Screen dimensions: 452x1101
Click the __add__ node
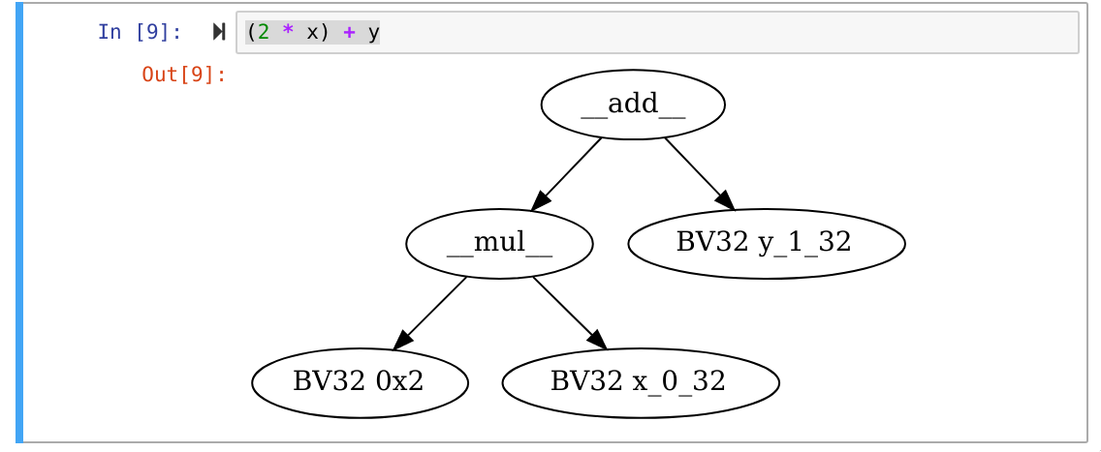(632, 105)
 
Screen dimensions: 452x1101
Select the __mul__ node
(499, 244)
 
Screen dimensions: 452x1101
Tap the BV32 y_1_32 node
(766, 244)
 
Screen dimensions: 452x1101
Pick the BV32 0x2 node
(360, 383)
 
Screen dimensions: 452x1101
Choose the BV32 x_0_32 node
(640, 383)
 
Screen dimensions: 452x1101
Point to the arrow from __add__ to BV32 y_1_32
(699, 173)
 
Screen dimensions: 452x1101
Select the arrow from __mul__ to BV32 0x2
(431, 313)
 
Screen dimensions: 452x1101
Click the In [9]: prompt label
(140, 32)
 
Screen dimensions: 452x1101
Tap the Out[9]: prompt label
(184, 75)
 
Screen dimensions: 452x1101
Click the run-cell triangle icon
(219, 32)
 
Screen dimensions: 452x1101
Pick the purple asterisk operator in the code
(288, 32)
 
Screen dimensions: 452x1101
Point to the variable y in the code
(373, 32)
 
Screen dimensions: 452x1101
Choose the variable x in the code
(312, 32)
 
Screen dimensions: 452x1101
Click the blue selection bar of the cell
(19, 223)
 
